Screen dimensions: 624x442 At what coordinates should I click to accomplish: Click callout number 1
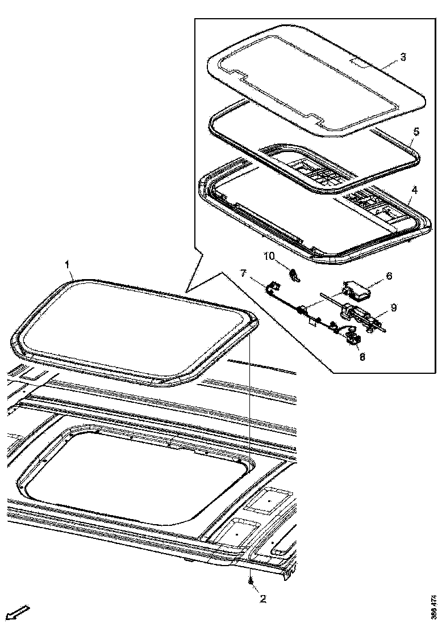point(67,264)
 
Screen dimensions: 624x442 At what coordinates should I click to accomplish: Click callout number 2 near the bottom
point(262,598)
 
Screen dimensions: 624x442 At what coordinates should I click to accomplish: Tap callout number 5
point(416,132)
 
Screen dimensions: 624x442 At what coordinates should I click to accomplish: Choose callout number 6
point(389,275)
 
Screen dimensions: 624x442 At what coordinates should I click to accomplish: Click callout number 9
point(393,308)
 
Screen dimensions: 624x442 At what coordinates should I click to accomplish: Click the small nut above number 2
point(250,582)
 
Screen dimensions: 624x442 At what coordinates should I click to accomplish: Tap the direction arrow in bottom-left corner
point(16,612)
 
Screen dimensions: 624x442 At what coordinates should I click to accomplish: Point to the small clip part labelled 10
point(295,275)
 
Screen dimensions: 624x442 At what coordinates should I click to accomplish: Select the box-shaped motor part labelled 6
point(357,289)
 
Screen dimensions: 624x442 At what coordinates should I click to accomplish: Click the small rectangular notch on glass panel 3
point(362,60)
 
